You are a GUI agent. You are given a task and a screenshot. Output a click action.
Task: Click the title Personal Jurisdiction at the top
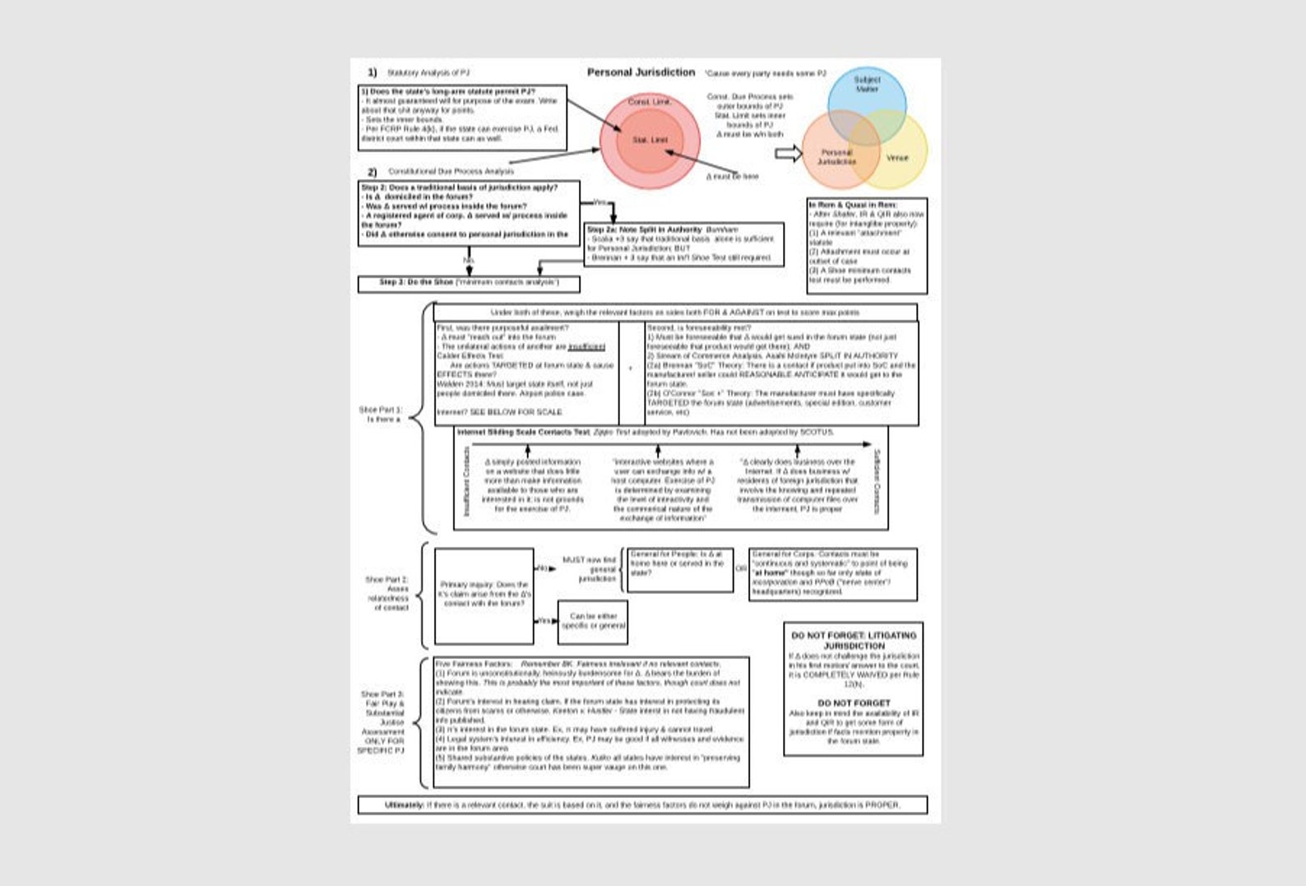tap(641, 72)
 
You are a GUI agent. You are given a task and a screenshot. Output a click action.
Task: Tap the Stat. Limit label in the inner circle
tap(650, 140)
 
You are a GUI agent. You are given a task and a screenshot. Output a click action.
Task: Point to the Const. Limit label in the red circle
tap(650, 102)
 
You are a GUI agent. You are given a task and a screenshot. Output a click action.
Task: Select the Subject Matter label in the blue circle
tap(867, 85)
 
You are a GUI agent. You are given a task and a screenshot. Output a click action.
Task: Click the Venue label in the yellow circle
tap(897, 157)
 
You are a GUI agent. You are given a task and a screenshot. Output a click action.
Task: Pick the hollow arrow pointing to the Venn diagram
tap(788, 153)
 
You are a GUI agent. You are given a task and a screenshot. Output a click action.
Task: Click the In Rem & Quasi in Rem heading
tap(853, 205)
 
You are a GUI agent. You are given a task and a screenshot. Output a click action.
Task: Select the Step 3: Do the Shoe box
tap(469, 283)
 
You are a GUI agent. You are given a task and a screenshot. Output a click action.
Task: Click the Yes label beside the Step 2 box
tap(600, 202)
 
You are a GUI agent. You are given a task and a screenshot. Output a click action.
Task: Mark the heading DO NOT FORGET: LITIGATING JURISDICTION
tap(854, 640)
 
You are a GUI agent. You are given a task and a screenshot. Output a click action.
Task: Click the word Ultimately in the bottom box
tap(405, 805)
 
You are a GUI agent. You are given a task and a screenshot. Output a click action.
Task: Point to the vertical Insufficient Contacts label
tap(466, 481)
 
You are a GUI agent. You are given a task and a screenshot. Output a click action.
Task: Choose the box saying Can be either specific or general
tap(593, 621)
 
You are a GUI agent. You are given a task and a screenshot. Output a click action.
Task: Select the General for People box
tap(678, 569)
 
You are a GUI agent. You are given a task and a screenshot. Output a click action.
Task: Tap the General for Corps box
tap(832, 573)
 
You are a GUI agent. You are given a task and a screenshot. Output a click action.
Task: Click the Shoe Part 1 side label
tap(380, 414)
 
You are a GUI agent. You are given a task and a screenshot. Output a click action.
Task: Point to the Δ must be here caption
tap(733, 176)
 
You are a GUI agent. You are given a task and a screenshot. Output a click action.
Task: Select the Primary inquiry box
tap(484, 595)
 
